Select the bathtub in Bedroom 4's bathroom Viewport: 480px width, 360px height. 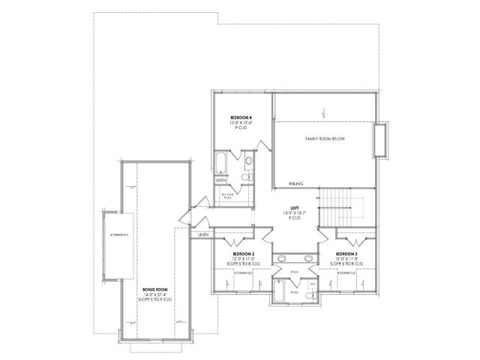221,163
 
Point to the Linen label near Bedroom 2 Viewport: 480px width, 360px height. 203,235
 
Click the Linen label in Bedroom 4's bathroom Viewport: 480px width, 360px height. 221,180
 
